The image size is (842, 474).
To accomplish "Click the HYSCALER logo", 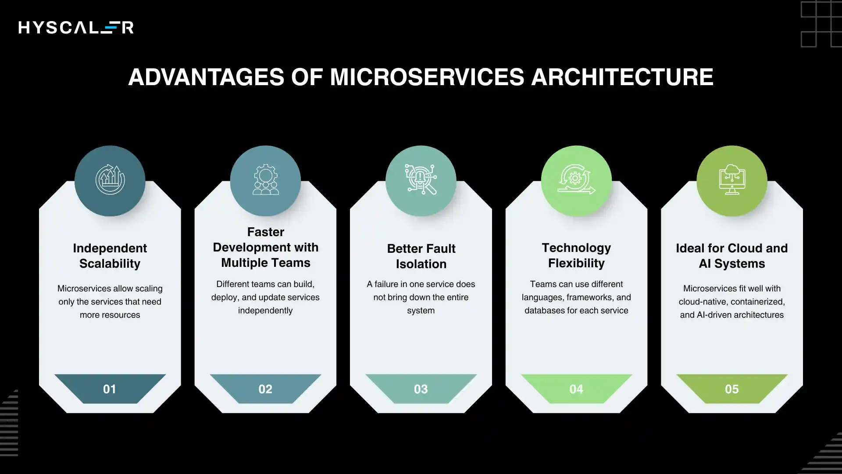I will coord(76,28).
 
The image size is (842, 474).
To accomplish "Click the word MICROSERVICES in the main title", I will coord(427,77).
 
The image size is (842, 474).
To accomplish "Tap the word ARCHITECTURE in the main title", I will coord(622,77).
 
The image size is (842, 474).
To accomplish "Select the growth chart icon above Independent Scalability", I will coord(110,180).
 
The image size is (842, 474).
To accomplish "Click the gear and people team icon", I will coord(265,180).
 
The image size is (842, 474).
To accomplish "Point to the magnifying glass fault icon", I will coord(421,180).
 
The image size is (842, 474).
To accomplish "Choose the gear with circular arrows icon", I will coord(576,180).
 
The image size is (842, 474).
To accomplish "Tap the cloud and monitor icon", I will coord(731,180).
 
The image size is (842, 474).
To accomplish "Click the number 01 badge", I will coord(110,389).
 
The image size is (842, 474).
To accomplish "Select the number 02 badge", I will coord(265,389).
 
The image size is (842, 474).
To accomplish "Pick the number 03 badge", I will coord(421,389).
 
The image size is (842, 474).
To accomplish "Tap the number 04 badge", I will coord(576,389).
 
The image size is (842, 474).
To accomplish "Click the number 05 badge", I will coord(731,389).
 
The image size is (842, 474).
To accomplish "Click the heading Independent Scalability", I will coord(110,256).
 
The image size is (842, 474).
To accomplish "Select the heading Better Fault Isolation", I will coord(421,256).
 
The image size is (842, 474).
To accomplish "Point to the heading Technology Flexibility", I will coord(576,255).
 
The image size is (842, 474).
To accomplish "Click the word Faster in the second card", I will coord(266,232).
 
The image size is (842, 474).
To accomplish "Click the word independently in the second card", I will coord(265,311).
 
